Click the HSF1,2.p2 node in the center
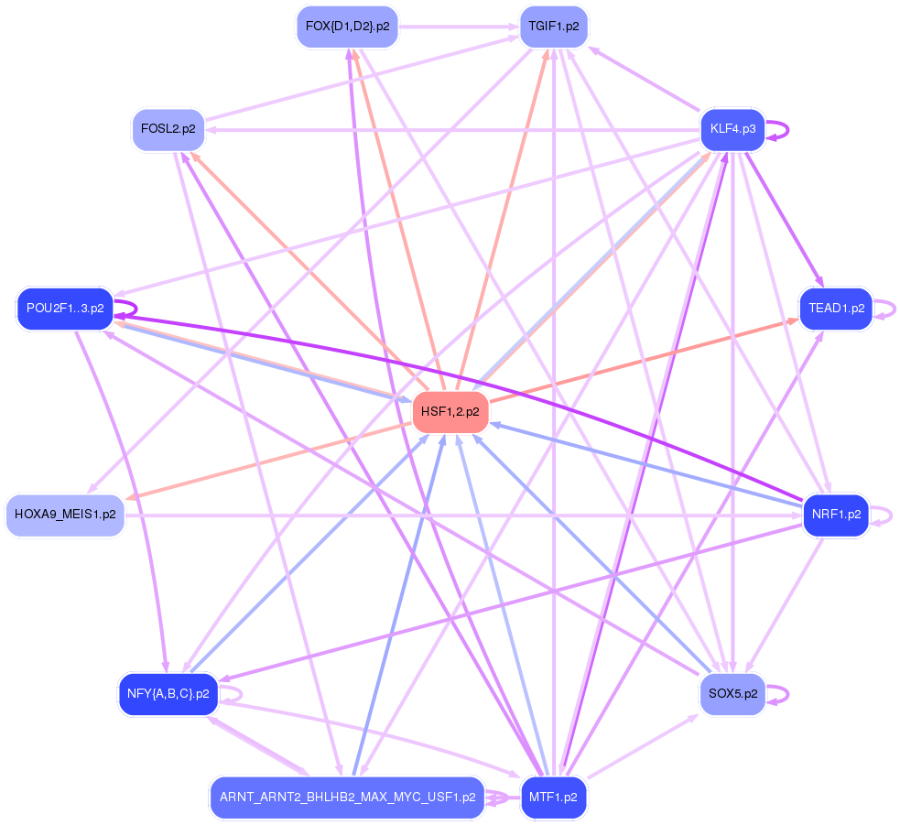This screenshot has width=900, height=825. (x=450, y=412)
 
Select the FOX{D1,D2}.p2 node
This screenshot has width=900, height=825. (x=347, y=27)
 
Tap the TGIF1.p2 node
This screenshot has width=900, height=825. (x=553, y=27)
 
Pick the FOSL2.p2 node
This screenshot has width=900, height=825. (x=168, y=129)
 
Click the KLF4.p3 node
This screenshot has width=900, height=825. (x=732, y=129)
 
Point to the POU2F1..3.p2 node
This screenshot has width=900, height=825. (x=64, y=309)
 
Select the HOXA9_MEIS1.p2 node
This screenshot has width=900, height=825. (x=65, y=515)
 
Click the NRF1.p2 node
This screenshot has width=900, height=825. (x=836, y=515)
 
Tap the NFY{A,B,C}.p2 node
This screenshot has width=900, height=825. (x=168, y=694)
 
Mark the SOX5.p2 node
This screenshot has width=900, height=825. (x=732, y=694)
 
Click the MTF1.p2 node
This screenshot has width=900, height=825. (x=553, y=798)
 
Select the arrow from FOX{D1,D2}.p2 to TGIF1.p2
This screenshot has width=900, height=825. (x=458, y=27)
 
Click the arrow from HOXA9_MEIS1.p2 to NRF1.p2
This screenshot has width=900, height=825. (x=458, y=516)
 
